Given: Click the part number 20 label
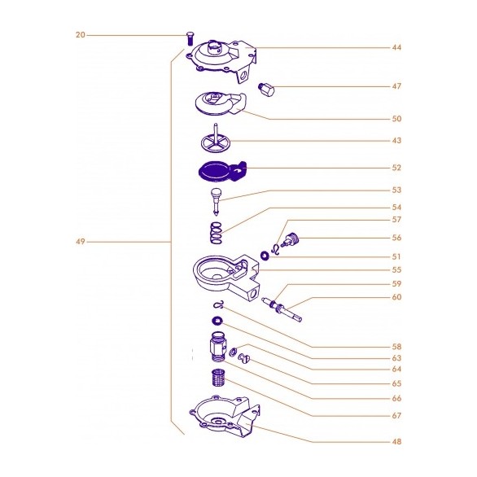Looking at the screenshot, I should (x=80, y=35).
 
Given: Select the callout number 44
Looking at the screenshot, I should (x=396, y=47).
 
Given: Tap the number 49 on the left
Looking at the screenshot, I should (x=80, y=242).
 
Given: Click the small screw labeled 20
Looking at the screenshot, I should (x=190, y=37).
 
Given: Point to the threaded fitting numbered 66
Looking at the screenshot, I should (x=217, y=346).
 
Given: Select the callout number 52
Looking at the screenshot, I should (x=396, y=168).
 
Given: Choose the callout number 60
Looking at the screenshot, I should (x=396, y=297).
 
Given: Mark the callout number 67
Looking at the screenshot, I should (x=396, y=416).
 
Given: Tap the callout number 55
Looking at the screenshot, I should (x=396, y=269).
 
